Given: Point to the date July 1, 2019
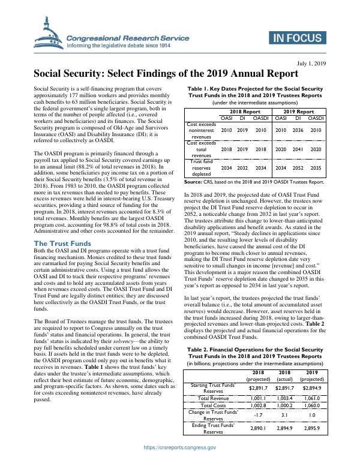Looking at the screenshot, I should (x=311, y=63).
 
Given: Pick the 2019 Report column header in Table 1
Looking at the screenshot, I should (x=298, y=112).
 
